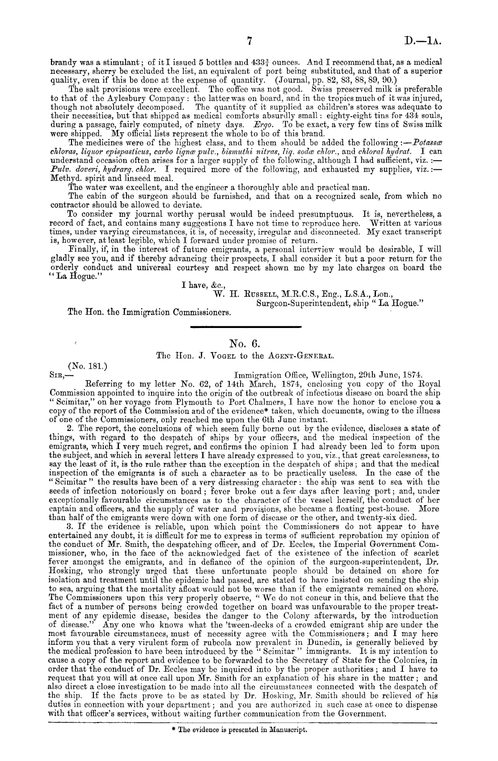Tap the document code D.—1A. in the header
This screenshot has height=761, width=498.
pyautogui.click(x=422, y=42)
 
